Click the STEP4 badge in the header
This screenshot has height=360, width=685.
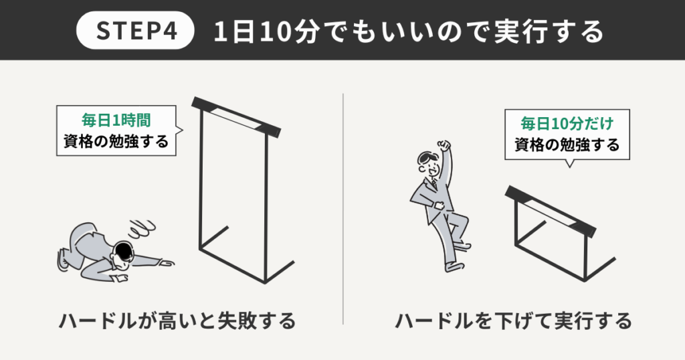[136, 32]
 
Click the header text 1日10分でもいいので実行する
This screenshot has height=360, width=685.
[408, 32]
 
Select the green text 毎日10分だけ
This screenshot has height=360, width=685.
[567, 124]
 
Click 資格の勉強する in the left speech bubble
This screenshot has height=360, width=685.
[116, 142]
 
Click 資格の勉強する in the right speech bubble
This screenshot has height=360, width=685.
[567, 145]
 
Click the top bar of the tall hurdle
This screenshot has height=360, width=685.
[235, 115]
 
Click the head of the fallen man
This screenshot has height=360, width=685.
[124, 254]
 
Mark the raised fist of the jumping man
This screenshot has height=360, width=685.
[444, 145]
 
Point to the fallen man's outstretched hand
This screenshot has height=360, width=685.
[167, 262]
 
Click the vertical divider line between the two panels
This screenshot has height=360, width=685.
[342, 207]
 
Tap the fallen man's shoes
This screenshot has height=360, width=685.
[64, 259]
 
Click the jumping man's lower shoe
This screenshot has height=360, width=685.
[453, 266]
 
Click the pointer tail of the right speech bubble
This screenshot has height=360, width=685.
[569, 164]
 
